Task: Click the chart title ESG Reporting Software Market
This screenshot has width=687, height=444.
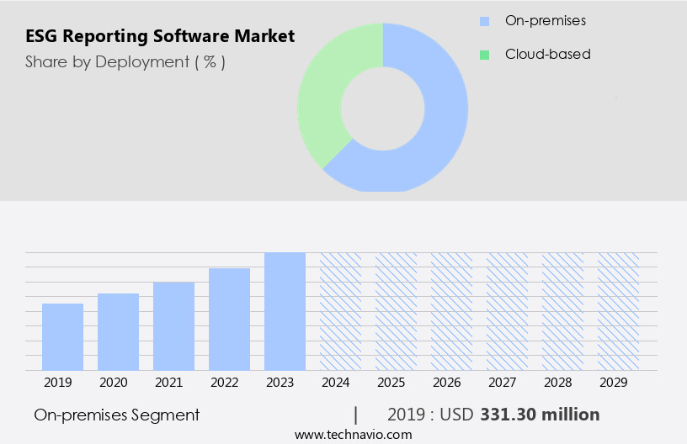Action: [x=160, y=36]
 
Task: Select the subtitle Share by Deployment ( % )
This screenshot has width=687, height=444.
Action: [x=125, y=61]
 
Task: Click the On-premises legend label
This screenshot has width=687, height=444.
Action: [x=545, y=20]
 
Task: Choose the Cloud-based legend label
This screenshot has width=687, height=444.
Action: [x=547, y=54]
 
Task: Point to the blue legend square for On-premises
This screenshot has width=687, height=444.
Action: [x=484, y=20]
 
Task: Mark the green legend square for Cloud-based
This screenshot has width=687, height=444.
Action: [x=484, y=55]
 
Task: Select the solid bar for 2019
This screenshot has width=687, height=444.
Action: [x=62, y=336]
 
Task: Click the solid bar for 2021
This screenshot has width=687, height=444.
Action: [x=173, y=325]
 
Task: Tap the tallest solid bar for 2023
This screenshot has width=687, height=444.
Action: [x=285, y=311]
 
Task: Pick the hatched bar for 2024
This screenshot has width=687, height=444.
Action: [x=340, y=311]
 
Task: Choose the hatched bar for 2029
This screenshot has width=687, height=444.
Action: [x=618, y=311]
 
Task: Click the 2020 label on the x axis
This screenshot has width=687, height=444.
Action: [x=113, y=383]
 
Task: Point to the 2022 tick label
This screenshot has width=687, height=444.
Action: [x=224, y=383]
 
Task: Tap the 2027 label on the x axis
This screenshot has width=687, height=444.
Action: [x=502, y=383]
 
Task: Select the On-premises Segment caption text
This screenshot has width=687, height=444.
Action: [x=116, y=415]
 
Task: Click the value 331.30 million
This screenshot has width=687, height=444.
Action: [x=540, y=415]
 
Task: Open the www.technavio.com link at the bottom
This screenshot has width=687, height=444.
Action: [x=353, y=435]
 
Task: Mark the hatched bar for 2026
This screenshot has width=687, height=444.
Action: [x=451, y=311]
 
